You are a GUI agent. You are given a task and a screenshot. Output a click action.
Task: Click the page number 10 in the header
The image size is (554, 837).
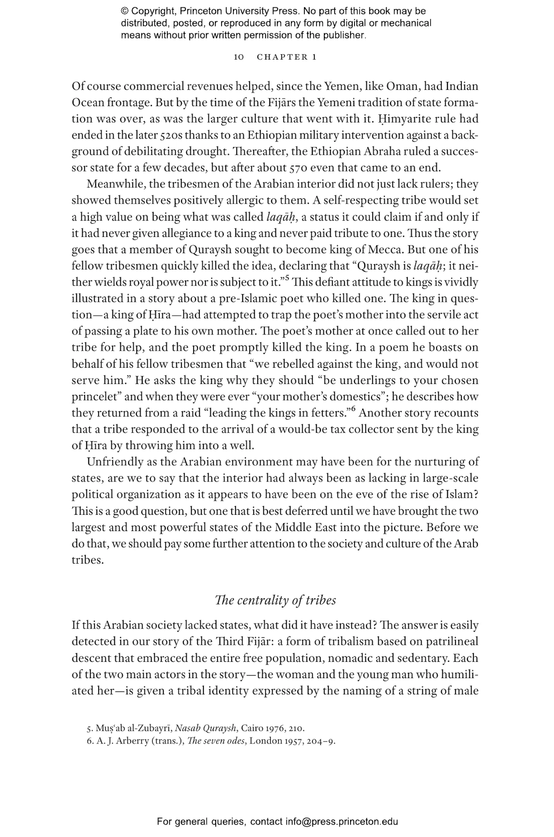(x=239, y=57)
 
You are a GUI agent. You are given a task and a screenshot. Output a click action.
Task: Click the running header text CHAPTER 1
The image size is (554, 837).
(x=287, y=57)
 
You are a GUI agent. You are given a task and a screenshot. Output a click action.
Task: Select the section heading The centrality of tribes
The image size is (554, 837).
(x=276, y=600)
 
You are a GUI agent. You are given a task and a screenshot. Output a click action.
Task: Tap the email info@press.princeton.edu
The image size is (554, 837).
(x=341, y=821)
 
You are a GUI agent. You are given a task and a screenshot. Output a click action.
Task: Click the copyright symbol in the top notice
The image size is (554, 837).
(x=124, y=11)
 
